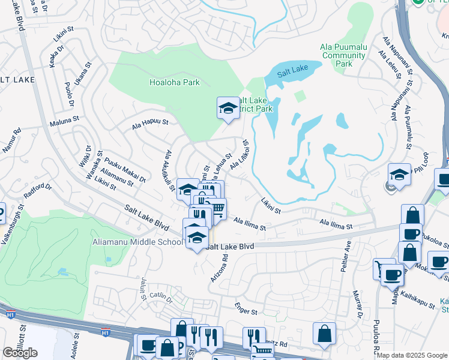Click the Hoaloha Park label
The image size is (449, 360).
pos(174,83)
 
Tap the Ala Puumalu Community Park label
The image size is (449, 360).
pos(343,55)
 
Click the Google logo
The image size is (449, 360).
pos(20,353)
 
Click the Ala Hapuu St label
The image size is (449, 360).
pos(150,124)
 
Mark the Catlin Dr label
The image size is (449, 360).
pos(161,296)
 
